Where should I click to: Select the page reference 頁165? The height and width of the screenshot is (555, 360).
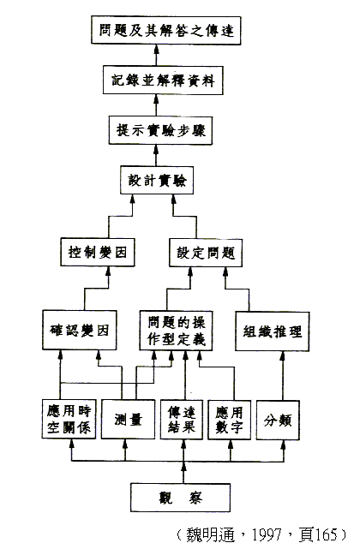coord(318,534)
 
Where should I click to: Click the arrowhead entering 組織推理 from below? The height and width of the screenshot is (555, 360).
coord(282,355)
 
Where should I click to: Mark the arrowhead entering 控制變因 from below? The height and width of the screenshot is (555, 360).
coord(108,271)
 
